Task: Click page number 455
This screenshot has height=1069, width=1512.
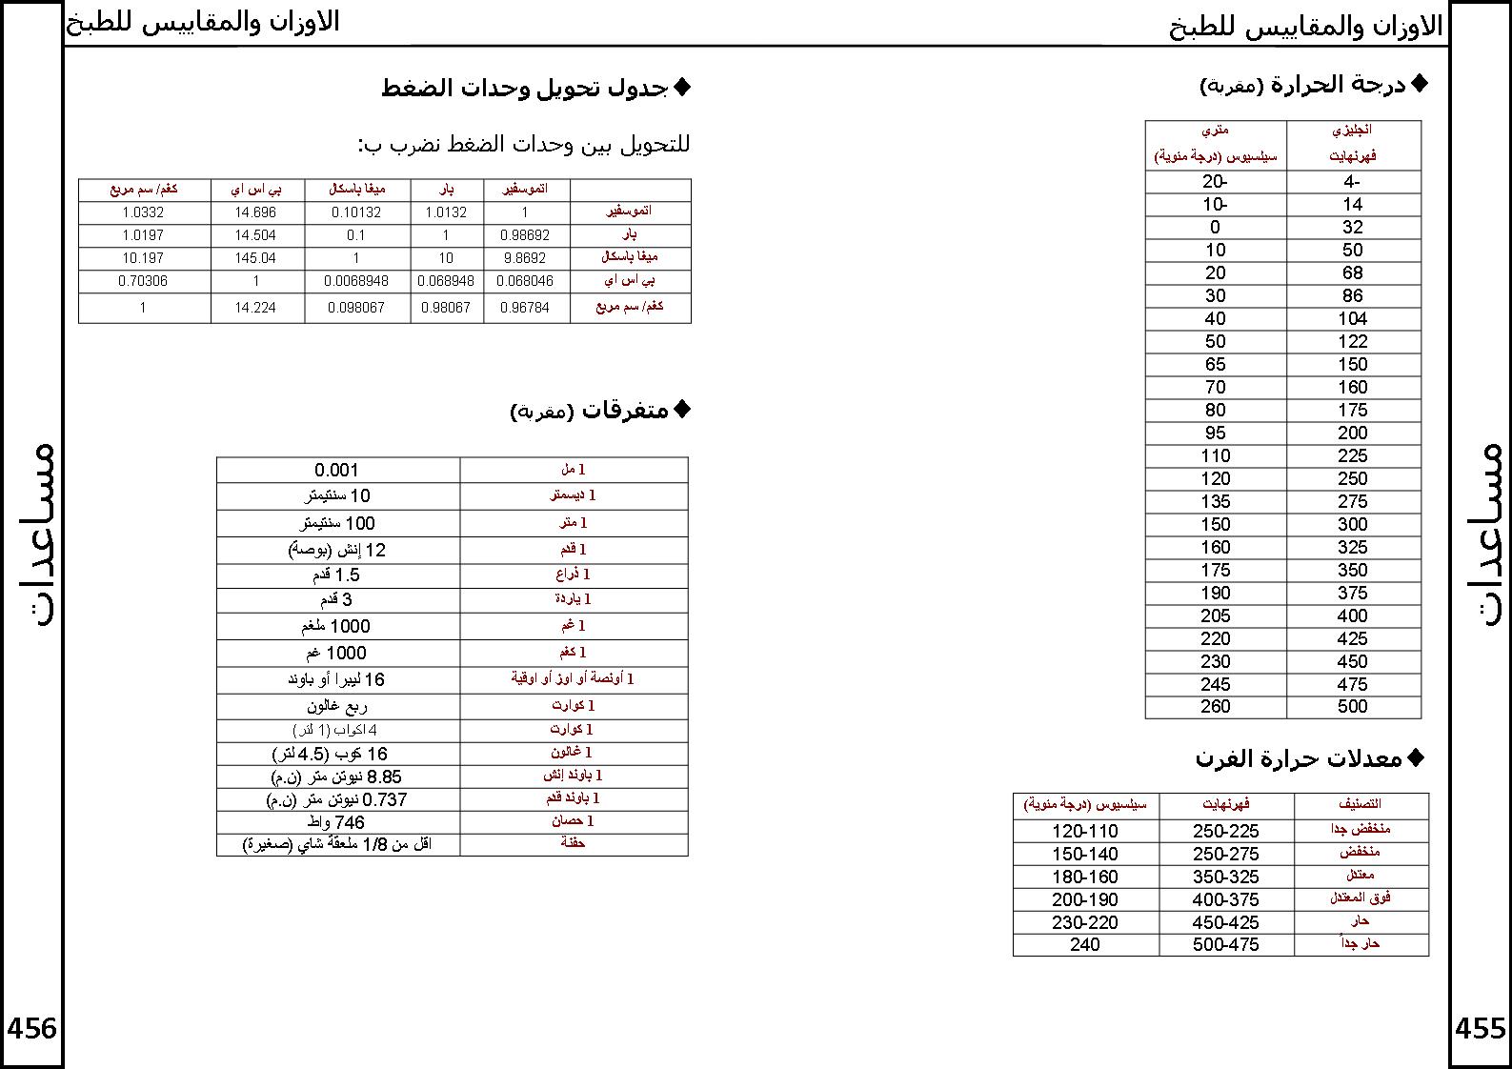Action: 1481,1028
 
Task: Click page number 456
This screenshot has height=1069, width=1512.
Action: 32,1028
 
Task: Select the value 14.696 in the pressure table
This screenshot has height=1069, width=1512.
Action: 255,212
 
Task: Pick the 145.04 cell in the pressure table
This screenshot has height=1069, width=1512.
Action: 255,258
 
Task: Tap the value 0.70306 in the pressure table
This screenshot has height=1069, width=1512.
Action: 143,281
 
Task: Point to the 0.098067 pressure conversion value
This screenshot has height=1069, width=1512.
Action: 356,308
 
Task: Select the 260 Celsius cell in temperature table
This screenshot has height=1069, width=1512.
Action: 1215,707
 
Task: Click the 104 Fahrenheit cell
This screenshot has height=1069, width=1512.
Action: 1352,319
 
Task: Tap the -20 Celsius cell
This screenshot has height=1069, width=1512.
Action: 1215,182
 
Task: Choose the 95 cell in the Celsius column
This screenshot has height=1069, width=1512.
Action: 1215,434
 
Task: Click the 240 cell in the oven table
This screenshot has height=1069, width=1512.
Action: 1085,945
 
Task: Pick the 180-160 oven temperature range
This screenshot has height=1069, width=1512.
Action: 1085,877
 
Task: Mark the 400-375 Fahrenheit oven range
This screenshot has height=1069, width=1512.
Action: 1225,899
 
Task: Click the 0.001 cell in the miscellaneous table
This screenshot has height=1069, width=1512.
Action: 337,470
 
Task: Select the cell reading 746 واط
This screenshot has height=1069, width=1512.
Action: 337,822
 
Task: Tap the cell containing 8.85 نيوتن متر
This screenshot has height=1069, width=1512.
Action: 337,777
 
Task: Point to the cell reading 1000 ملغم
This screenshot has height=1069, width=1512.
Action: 337,626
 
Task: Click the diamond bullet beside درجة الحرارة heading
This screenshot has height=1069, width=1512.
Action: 1419,84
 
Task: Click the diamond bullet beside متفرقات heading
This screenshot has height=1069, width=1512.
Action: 681,409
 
